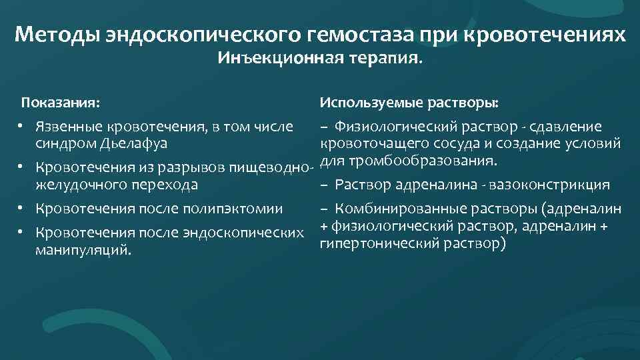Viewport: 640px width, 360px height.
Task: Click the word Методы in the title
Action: (56, 34)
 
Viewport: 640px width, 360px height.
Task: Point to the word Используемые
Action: (365, 103)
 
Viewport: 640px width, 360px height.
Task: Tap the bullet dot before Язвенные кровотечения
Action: (22, 127)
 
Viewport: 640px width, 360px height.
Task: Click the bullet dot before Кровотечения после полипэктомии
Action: (22, 209)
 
